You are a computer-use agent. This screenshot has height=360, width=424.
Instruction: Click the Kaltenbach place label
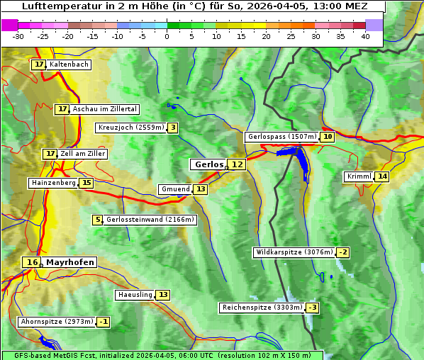69,64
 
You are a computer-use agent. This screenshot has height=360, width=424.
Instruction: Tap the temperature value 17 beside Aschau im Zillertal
62,109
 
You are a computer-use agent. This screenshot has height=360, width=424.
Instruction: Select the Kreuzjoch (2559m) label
130,128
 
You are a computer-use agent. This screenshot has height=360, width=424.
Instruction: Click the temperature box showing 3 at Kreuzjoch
172,128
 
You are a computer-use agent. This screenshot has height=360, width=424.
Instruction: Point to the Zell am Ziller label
82,154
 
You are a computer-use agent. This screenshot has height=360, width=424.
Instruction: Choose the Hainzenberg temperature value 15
87,183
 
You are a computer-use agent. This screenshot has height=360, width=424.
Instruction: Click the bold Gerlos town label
208,164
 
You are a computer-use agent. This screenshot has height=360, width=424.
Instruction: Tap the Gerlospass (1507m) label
281,137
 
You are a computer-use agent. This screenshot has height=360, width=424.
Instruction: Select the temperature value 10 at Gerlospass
327,137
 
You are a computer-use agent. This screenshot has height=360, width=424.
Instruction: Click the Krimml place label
359,176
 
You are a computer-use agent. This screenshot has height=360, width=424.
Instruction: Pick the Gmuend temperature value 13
201,189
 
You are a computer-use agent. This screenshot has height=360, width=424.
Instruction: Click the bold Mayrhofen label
69,262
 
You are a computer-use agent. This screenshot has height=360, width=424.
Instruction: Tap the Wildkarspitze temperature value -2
343,252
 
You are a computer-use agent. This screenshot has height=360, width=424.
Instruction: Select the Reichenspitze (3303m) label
262,308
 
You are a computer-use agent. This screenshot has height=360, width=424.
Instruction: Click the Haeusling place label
135,295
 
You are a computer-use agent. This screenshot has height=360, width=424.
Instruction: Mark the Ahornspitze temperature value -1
104,322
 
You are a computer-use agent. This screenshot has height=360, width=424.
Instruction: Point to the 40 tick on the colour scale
365,36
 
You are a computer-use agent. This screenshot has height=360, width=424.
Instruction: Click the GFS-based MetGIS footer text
162,355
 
